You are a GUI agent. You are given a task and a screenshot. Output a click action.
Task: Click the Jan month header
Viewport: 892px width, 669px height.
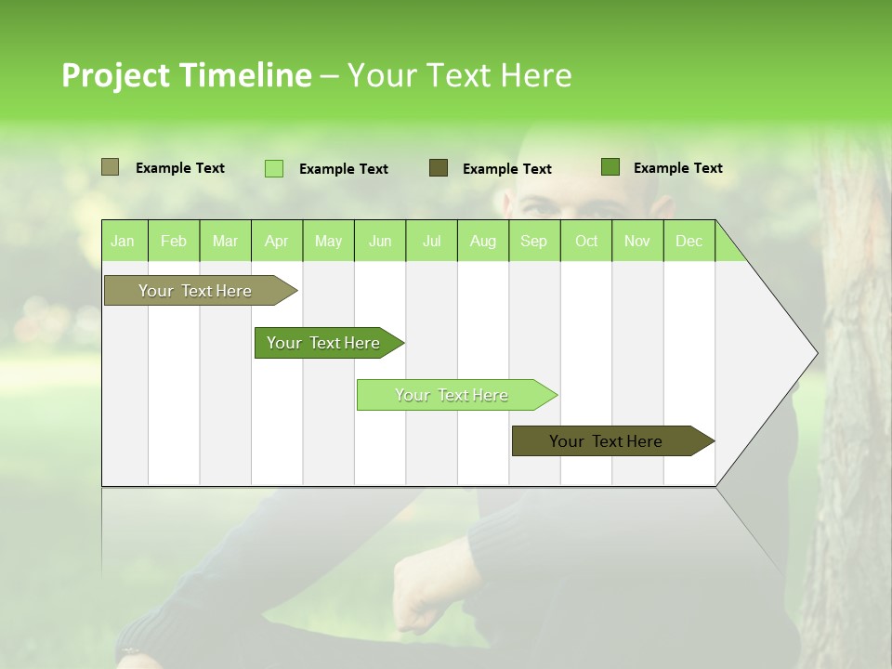[123, 241]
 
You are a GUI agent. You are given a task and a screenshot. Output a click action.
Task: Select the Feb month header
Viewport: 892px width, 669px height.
[174, 241]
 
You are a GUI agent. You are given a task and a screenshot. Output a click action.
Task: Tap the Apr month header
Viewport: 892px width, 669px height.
[276, 241]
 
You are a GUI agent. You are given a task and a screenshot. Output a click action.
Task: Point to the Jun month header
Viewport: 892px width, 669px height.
[380, 241]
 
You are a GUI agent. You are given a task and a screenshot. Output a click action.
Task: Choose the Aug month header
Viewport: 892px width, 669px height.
[482, 241]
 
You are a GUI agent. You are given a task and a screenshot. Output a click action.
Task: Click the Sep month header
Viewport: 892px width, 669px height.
[533, 241]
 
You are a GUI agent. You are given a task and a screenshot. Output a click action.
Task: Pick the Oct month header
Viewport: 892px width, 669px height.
[586, 241]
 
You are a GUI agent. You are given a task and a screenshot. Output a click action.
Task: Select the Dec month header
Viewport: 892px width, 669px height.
[689, 241]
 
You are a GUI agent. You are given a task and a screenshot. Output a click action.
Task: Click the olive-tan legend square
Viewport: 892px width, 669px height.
[110, 167]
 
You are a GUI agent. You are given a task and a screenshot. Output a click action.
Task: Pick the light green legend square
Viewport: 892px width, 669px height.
[274, 168]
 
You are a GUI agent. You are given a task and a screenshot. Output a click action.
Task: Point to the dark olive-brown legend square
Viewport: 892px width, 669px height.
[439, 168]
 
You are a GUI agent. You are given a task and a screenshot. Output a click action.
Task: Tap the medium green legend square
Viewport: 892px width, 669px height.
[610, 167]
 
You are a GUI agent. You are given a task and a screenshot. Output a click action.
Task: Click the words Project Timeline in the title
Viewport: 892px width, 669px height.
[186, 75]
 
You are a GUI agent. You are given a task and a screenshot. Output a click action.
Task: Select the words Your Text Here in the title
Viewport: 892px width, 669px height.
[459, 75]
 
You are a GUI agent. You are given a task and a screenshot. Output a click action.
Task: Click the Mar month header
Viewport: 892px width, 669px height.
[225, 241]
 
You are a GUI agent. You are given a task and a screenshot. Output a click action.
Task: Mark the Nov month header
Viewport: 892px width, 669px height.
[636, 241]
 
